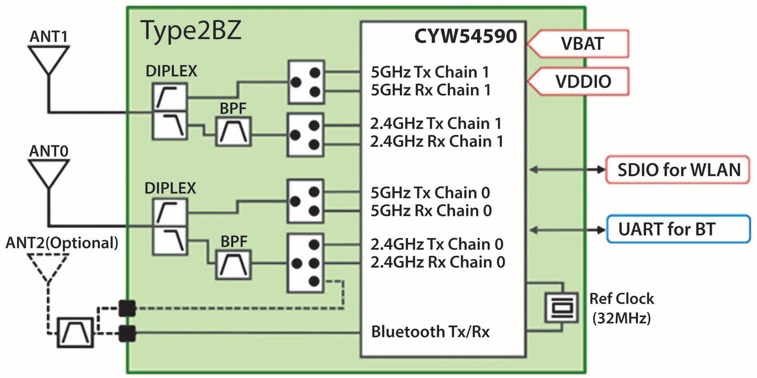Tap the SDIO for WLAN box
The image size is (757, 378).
pyautogui.click(x=678, y=170)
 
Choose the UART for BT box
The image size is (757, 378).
pyautogui.click(x=678, y=229)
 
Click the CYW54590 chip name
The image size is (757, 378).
pyautogui.click(x=465, y=36)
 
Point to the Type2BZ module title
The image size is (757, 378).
pyautogui.click(x=191, y=30)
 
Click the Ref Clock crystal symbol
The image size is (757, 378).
pyautogui.click(x=562, y=307)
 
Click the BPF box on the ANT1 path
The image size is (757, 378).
pyautogui.click(x=233, y=132)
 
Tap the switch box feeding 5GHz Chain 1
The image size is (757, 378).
pyautogui.click(x=306, y=82)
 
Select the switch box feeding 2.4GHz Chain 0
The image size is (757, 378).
pyautogui.click(x=306, y=263)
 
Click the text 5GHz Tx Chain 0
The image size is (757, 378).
pyautogui.click(x=430, y=193)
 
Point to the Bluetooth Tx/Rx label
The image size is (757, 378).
pyautogui.click(x=430, y=332)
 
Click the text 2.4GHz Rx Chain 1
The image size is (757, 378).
pyautogui.click(x=436, y=141)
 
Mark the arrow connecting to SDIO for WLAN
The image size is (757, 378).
pyautogui.click(x=568, y=170)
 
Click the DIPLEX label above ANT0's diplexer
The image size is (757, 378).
pyautogui.click(x=170, y=188)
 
